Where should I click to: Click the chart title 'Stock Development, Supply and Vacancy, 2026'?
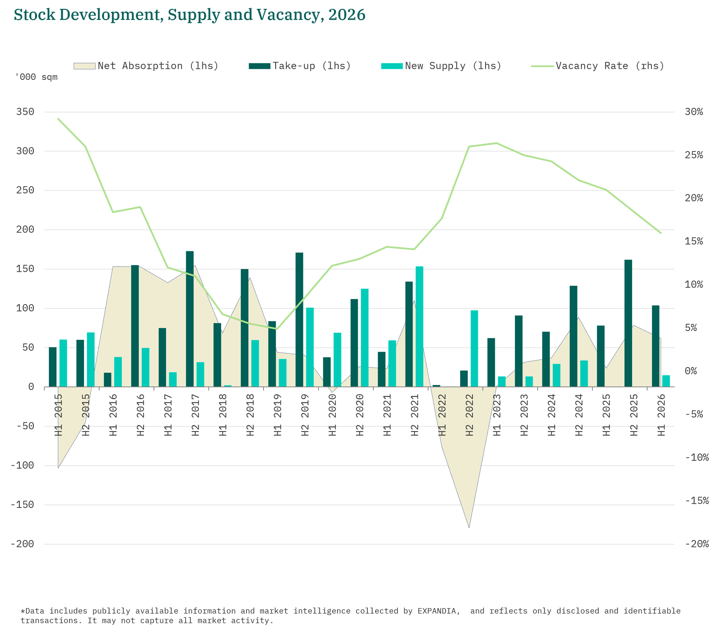[189, 15]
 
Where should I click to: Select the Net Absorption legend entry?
[146, 66]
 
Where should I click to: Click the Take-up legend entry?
[300, 66]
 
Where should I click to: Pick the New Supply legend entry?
[441, 66]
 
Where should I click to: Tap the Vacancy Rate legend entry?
[598, 66]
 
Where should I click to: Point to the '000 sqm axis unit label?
[36, 77]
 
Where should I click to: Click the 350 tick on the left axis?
[25, 112]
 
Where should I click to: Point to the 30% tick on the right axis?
[694, 112]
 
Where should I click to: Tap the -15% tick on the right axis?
[697, 501]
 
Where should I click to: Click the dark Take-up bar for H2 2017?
[190, 319]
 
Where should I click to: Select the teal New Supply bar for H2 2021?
[419, 326]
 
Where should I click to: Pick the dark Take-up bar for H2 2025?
[628, 323]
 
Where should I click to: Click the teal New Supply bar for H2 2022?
[474, 349]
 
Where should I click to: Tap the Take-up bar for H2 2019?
[299, 320]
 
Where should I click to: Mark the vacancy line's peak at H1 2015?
[58, 119]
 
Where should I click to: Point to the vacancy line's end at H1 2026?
[661, 233]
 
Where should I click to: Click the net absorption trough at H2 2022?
[469, 527]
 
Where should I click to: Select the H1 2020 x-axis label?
[332, 415]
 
